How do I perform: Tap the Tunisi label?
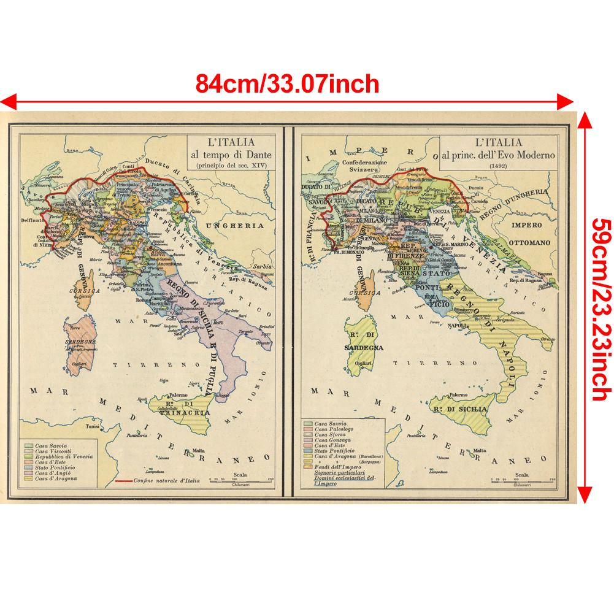pyautogui.click(x=93, y=425)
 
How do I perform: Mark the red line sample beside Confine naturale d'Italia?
pyautogui.click(x=126, y=481)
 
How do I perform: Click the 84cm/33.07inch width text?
pyautogui.click(x=287, y=82)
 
